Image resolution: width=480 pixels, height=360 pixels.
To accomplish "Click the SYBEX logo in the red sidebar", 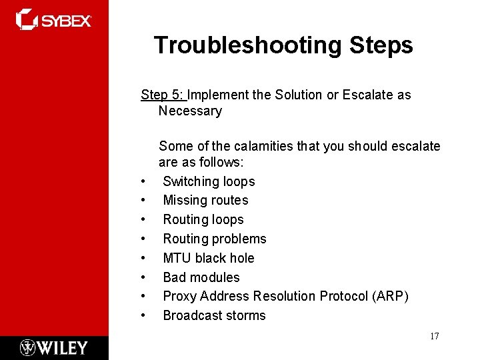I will [x=53, y=19].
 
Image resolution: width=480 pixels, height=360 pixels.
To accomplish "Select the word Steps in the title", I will [x=381, y=45].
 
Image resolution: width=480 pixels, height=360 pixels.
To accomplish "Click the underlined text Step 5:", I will [x=162, y=95].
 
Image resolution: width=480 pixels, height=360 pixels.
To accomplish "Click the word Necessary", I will [x=190, y=111].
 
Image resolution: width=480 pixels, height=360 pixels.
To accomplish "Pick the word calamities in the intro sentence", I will [x=238, y=146].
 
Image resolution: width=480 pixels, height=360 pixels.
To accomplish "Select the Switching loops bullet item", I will [x=209, y=181].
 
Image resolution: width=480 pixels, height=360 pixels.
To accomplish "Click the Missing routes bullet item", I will [x=205, y=200].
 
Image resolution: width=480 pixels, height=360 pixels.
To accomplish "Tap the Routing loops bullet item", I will [x=203, y=219].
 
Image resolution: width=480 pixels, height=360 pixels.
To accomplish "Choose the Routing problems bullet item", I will [x=215, y=239].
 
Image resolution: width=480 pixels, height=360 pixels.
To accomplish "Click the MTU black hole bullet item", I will [x=209, y=258].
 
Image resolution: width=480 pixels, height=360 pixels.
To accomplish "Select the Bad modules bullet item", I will [x=201, y=277].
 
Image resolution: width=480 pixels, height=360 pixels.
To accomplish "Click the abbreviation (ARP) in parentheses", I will [x=389, y=296].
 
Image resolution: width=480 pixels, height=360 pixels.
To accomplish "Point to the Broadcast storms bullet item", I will [x=214, y=315].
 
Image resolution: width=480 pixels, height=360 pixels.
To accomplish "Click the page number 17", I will [x=434, y=336].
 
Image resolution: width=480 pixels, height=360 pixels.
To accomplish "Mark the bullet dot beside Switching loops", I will [x=143, y=182].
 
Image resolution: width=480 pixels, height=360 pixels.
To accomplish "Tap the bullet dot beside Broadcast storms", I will [x=143, y=316].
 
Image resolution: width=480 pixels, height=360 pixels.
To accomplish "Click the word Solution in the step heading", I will [x=297, y=95].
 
